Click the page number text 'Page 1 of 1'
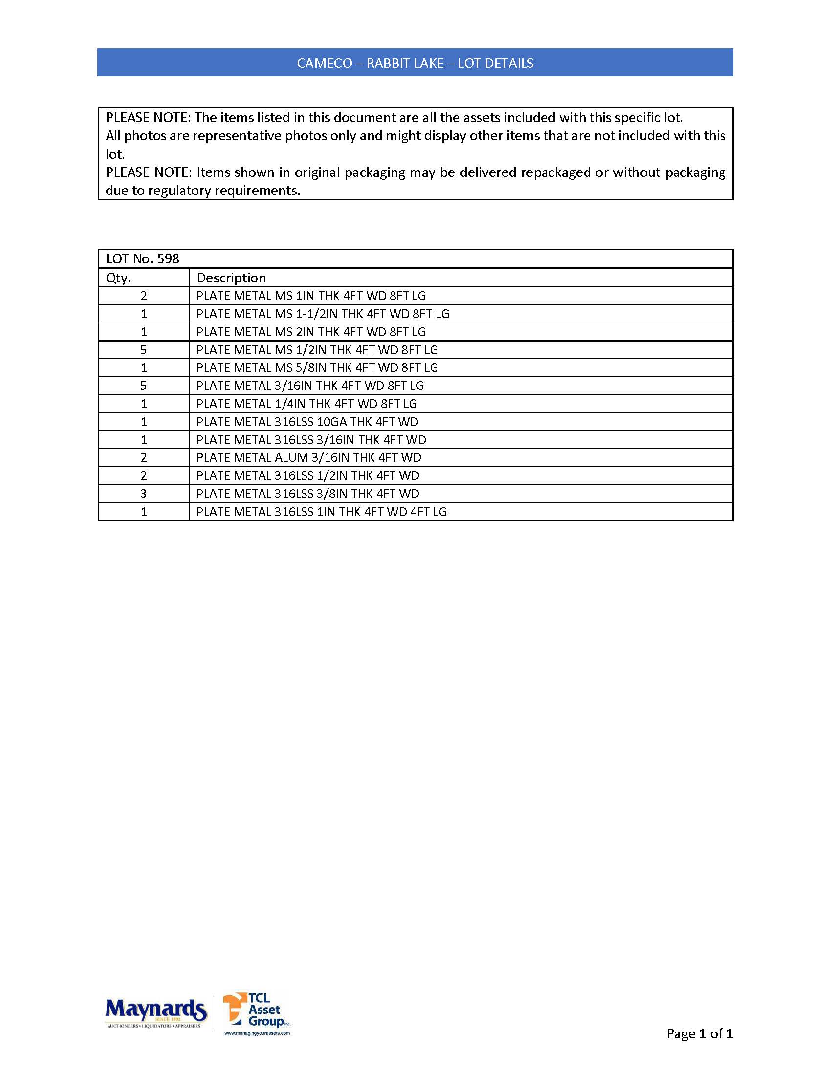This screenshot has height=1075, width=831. coord(699,1033)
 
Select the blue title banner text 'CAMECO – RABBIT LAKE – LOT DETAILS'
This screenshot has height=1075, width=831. coord(415,63)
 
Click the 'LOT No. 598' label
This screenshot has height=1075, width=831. coord(143,259)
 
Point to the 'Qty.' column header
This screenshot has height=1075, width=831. coord(118,278)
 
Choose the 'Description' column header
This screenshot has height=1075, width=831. coord(231,278)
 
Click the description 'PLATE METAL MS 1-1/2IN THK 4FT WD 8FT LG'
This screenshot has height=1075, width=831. coord(323,314)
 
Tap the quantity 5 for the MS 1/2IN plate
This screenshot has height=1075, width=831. coord(143,350)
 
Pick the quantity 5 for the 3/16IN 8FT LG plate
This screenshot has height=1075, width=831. coord(143,386)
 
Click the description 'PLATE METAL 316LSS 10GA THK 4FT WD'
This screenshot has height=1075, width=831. coord(307,422)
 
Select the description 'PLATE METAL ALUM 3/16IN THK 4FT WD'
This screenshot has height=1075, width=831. coord(308,458)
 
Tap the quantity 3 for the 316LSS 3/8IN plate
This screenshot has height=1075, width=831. coord(143,494)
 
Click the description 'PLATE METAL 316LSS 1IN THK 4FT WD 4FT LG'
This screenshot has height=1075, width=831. coord(322,512)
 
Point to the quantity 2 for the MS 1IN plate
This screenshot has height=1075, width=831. coord(143,296)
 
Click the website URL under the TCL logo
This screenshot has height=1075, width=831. coord(257,1033)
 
